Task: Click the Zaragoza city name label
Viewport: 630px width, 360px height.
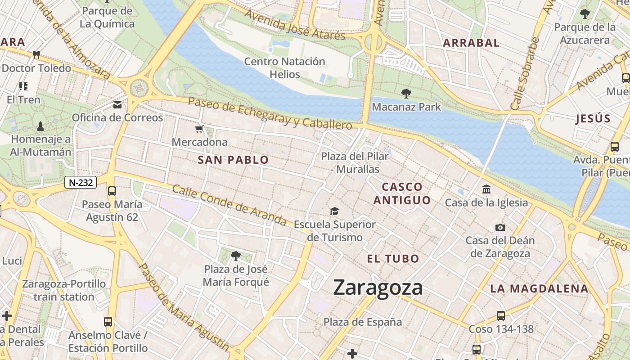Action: [x=378, y=288]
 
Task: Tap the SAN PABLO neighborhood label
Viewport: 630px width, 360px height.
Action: [x=233, y=160]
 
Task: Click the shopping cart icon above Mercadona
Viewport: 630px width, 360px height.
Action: [x=199, y=129]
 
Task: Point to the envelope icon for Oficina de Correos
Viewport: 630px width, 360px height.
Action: [x=117, y=105]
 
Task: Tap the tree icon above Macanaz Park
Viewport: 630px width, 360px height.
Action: [x=406, y=94]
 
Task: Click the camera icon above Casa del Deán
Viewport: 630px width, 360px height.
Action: [x=500, y=227]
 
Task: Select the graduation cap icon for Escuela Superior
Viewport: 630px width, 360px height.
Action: [x=334, y=211]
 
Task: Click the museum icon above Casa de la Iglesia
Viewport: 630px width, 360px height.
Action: [x=486, y=189]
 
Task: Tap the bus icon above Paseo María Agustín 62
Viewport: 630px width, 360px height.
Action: [x=112, y=191]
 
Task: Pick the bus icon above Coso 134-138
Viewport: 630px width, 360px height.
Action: [x=501, y=316]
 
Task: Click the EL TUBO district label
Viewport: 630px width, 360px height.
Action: [x=393, y=259]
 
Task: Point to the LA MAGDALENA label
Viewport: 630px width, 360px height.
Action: [x=539, y=289]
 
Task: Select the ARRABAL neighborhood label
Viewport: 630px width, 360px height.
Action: [x=471, y=43]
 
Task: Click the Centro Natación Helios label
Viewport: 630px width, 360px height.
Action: [x=284, y=67]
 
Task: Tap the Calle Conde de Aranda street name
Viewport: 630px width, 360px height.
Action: [x=229, y=206]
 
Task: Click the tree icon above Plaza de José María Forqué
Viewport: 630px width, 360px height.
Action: [x=235, y=256]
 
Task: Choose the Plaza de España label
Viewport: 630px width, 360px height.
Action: [x=363, y=322]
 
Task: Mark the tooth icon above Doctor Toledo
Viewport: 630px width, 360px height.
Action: [x=36, y=55]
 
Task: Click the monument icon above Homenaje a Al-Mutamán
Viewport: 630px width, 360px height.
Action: [x=40, y=126]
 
